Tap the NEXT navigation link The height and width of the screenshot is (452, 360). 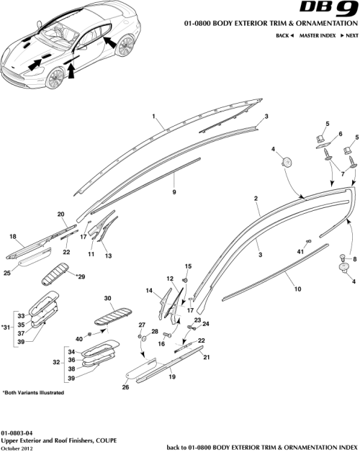tap(351, 35)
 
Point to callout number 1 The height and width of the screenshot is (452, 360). tap(153, 116)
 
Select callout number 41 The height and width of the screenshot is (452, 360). tap(301, 250)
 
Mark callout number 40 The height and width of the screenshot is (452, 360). tap(78, 339)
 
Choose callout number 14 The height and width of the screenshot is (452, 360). tap(149, 291)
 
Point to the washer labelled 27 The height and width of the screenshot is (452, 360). tap(142, 337)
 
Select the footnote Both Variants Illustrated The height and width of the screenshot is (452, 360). tap(33, 392)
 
